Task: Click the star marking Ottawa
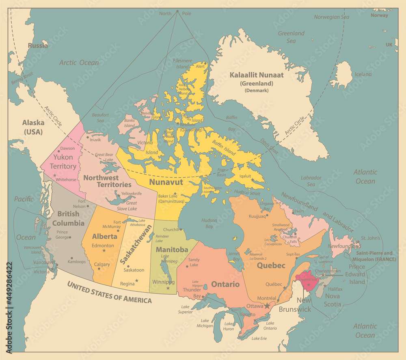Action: tap(267, 305)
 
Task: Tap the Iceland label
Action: tap(363, 74)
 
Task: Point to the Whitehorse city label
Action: tap(66, 179)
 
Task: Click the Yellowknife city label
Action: tap(131, 194)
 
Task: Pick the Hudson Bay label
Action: tap(209, 223)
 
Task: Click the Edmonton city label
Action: tap(103, 246)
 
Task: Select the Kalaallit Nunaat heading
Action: tap(256, 75)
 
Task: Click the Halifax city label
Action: tap(335, 289)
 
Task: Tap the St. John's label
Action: tap(370, 238)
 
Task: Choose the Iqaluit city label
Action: tap(246, 177)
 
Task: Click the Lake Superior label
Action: tap(185, 309)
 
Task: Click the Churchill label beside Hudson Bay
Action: tap(171, 229)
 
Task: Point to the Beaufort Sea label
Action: tap(100, 118)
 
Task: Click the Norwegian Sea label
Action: tap(331, 17)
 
